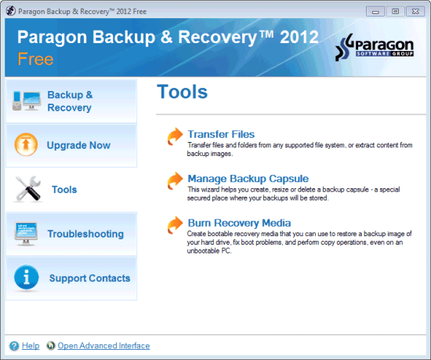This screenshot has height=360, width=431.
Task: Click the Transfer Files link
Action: tap(221, 134)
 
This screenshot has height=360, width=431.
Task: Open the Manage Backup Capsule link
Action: tap(248, 179)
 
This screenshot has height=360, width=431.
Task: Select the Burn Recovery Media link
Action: tap(239, 223)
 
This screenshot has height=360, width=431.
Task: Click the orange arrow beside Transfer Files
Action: tap(175, 136)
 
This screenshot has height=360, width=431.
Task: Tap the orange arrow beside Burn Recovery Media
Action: tap(175, 225)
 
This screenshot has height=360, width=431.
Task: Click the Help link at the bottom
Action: tap(31, 345)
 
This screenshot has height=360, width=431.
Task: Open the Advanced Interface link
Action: tap(103, 345)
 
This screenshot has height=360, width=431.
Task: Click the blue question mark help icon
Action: tap(14, 346)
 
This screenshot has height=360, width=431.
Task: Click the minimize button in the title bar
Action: tap(375, 12)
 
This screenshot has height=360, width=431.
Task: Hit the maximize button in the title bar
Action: tap(395, 12)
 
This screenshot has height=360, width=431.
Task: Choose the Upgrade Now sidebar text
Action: tap(78, 145)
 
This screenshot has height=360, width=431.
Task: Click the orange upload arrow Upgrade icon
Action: tap(26, 144)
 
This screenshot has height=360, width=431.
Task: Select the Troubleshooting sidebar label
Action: tap(85, 234)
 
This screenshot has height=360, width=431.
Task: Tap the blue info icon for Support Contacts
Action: tap(27, 277)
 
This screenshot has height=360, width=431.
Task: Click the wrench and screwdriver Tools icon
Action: tap(28, 189)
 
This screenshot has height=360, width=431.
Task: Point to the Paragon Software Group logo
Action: tap(375, 47)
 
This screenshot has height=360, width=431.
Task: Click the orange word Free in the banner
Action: tap(35, 59)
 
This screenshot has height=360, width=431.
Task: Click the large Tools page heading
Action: tap(183, 92)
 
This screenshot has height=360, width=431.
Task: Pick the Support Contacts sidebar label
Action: tap(89, 278)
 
